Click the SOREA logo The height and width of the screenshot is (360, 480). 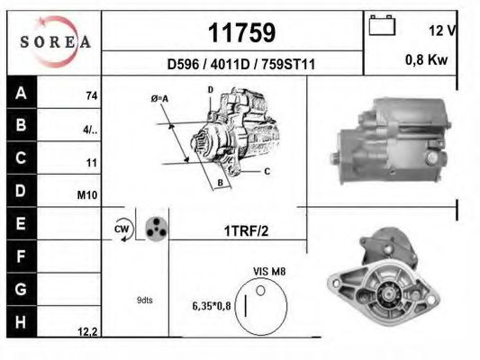(55, 41)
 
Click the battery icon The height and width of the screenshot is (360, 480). (383, 27)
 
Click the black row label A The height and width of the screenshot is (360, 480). (21, 94)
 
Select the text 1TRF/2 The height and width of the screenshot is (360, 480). (245, 231)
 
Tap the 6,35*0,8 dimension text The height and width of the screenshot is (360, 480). (212, 306)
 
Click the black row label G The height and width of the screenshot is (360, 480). (21, 291)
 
